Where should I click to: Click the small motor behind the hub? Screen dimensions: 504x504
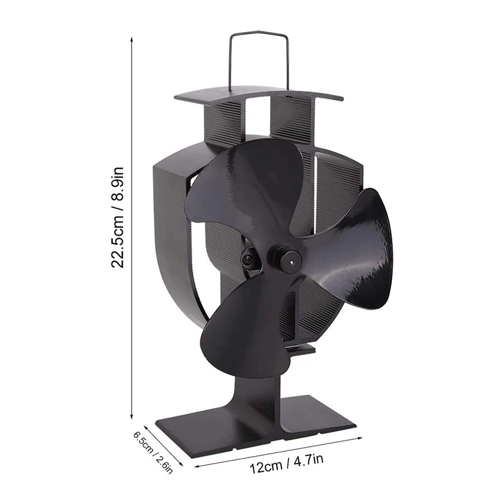250,258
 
